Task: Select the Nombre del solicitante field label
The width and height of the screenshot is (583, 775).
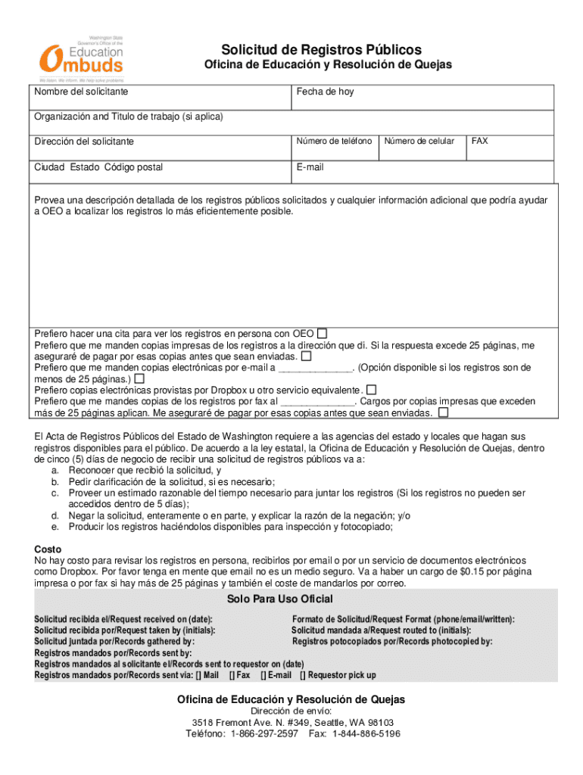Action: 81,92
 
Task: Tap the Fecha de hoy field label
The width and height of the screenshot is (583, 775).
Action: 325,92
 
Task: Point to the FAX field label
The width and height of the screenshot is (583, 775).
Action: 479,141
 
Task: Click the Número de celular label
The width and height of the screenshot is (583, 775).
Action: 419,142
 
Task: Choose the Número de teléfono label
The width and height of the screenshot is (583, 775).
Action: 334,142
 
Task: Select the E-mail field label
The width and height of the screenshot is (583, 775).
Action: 310,167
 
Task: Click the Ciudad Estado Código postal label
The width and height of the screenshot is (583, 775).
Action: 98,167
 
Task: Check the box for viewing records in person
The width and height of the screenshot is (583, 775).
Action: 323,333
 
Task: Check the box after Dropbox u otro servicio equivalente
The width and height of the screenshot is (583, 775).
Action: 372,390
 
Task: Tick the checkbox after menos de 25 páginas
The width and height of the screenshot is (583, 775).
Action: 139,378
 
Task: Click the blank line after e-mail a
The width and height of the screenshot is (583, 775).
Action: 316,368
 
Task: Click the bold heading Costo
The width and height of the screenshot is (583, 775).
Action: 48,549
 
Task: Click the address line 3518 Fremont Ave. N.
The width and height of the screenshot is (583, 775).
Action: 291,723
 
